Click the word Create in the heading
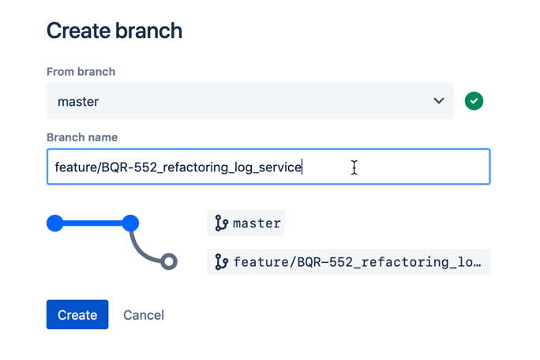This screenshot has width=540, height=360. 78,31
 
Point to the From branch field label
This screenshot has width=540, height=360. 81,72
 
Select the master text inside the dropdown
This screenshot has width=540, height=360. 78,102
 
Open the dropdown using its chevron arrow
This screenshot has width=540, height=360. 439,101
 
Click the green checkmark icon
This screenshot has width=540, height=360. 474,101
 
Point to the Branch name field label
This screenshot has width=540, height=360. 82,137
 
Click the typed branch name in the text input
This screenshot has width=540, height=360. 178,167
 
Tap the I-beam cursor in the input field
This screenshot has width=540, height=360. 354,167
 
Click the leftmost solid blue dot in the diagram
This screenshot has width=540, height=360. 55,223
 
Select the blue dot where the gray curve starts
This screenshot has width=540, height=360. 130,223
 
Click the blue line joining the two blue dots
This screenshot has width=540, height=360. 92,223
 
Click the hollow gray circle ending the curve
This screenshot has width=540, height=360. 168,261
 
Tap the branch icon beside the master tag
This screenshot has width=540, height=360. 221,224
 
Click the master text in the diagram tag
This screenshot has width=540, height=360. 257,224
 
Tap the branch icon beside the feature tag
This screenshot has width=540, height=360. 221,262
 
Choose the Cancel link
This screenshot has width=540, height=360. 144,315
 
